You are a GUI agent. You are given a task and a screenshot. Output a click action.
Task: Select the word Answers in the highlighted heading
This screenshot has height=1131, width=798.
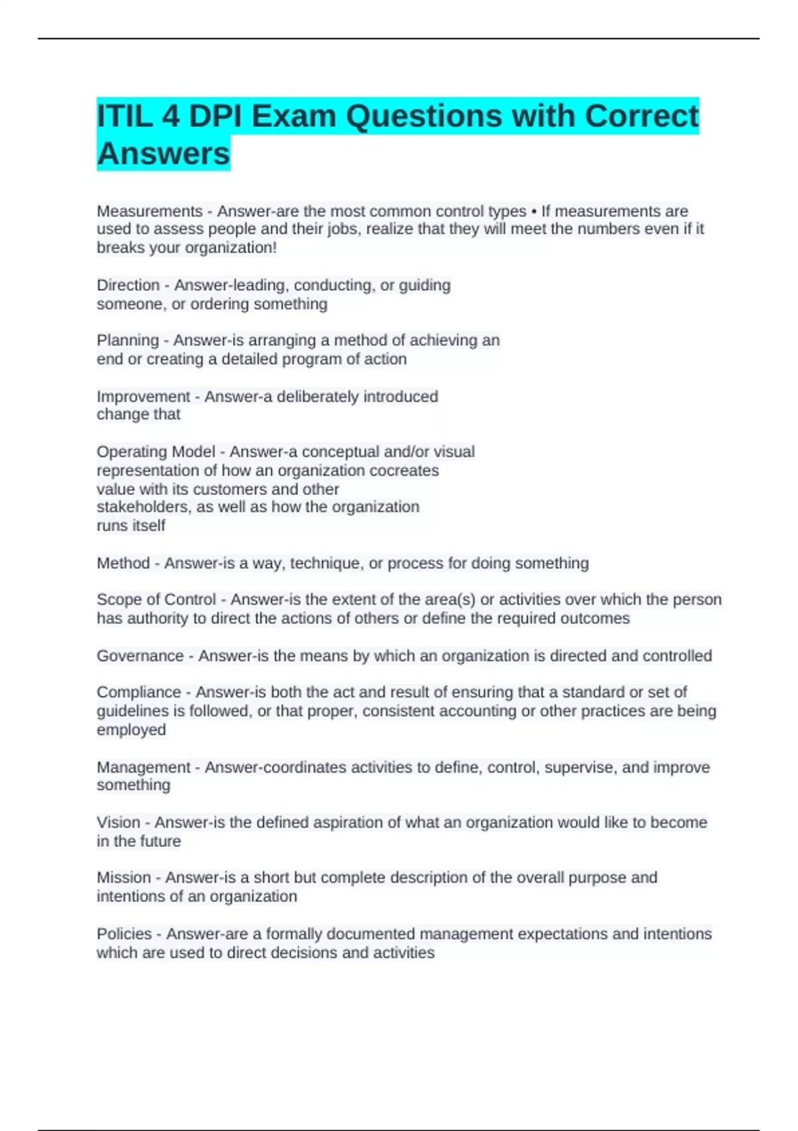pos(164,154)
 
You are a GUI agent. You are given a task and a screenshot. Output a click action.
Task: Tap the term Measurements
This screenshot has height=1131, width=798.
pos(150,211)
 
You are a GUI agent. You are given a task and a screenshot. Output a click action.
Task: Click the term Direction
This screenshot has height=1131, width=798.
pos(128,285)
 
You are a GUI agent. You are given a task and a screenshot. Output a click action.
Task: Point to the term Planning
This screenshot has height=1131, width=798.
pos(128,340)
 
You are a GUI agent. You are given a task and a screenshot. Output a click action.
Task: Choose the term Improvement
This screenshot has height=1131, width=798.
pos(144,397)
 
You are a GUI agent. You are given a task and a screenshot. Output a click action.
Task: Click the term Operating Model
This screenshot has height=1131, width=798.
pos(156,452)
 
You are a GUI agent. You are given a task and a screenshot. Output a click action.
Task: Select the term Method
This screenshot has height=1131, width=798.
pos(123,563)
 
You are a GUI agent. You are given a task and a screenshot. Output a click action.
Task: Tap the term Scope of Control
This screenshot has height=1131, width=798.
pos(156,599)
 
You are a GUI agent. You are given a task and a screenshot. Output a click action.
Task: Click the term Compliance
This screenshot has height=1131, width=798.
pos(139,692)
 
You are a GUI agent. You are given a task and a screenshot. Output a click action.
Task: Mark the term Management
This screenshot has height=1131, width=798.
pos(144,767)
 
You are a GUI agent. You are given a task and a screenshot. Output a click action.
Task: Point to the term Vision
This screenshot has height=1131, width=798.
pos(118,822)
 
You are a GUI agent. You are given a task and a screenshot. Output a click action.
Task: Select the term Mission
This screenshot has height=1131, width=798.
pos(124,878)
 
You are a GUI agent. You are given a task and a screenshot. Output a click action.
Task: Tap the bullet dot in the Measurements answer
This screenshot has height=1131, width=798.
pos(534,212)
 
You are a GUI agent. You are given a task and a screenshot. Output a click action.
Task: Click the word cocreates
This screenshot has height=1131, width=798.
pos(404,470)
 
